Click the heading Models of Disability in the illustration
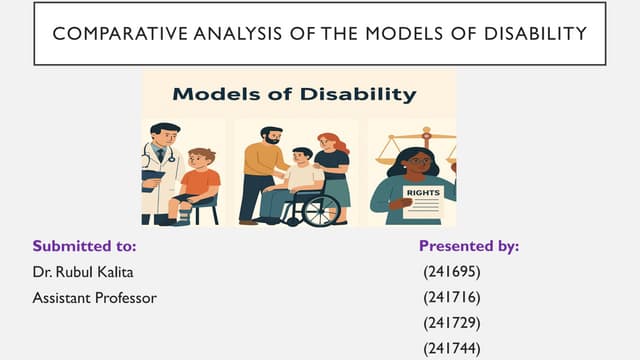(295, 95)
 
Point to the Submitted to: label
(84, 245)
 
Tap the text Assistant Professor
(94, 297)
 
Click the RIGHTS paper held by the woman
(421, 199)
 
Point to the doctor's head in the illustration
(165, 135)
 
